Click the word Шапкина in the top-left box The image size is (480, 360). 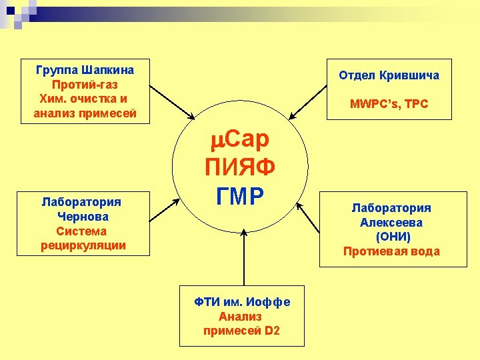[109, 70]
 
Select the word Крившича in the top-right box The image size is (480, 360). [409, 75]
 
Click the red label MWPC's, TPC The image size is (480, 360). [389, 104]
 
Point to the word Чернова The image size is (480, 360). [83, 216]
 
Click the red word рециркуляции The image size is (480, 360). [83, 245]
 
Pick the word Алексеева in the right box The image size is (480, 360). [391, 223]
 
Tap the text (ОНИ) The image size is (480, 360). [393, 237]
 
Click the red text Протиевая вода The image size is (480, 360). [391, 251]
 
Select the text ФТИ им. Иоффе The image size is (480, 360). [242, 302]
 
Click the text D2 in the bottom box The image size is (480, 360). [271, 331]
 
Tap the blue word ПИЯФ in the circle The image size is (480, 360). [241, 166]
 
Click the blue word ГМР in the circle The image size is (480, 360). [241, 195]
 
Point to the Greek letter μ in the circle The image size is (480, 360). [219, 140]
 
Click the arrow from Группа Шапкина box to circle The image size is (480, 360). [172, 101]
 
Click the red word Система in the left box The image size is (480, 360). [81, 231]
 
